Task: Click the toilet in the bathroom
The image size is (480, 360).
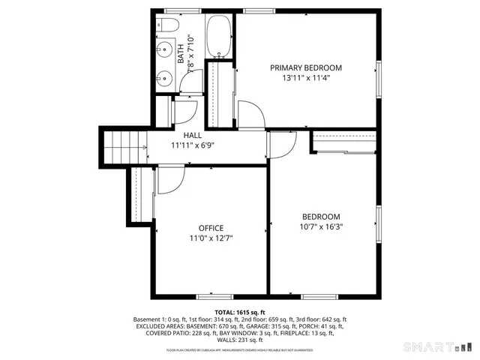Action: [166, 26]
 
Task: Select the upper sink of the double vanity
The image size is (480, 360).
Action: [165, 52]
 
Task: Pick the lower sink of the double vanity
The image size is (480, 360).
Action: [165, 77]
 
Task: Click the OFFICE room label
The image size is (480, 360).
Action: [211, 228]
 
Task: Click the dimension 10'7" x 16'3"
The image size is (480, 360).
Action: [321, 226]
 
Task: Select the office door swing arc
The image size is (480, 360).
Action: [171, 178]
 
